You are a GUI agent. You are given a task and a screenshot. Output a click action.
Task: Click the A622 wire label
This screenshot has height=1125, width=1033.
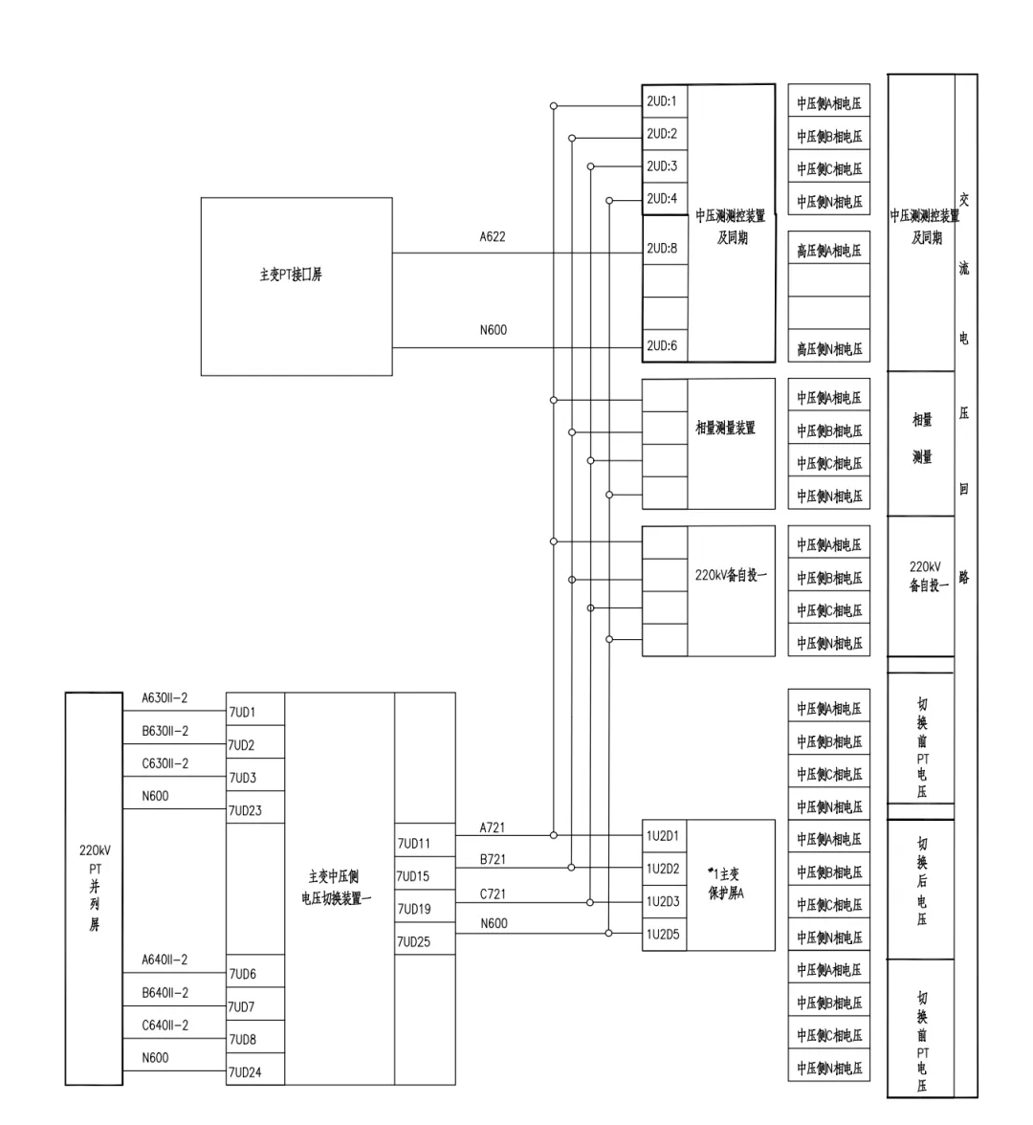pyautogui.click(x=493, y=236)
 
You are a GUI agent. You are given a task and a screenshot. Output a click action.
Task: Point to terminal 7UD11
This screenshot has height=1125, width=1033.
pyautogui.click(x=413, y=844)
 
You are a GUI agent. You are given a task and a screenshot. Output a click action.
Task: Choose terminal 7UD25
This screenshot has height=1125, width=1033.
pyautogui.click(x=413, y=942)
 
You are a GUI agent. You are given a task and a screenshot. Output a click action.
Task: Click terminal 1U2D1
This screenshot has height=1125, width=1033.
pyautogui.click(x=662, y=836)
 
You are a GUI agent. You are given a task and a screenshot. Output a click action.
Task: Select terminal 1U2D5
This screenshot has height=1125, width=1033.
pyautogui.click(x=662, y=934)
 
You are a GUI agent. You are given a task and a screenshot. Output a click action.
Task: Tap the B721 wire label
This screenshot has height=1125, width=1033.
pyautogui.click(x=493, y=860)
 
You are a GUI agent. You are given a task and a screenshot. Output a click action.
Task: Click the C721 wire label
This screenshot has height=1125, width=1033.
pyautogui.click(x=493, y=894)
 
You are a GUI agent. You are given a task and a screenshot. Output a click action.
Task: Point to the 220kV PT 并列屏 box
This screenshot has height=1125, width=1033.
pyautogui.click(x=94, y=888)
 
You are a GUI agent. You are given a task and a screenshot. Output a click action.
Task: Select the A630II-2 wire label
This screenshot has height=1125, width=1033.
pyautogui.click(x=165, y=698)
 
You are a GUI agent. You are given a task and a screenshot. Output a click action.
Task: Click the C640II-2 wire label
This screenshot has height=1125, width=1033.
pyautogui.click(x=165, y=1026)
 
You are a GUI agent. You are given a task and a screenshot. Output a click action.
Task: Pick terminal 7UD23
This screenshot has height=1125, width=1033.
pyautogui.click(x=245, y=811)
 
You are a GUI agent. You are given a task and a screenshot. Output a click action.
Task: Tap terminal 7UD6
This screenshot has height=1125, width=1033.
pyautogui.click(x=242, y=974)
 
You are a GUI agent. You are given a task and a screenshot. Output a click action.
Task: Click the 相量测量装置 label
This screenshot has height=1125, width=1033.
pyautogui.click(x=725, y=428)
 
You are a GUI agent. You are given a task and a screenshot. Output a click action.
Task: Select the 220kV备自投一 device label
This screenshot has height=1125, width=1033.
pyautogui.click(x=731, y=576)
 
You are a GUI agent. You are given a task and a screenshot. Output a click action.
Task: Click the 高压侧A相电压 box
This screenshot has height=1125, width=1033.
pyautogui.click(x=829, y=251)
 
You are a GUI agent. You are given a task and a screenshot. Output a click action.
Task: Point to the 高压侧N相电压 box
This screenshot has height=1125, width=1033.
pyautogui.click(x=829, y=349)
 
